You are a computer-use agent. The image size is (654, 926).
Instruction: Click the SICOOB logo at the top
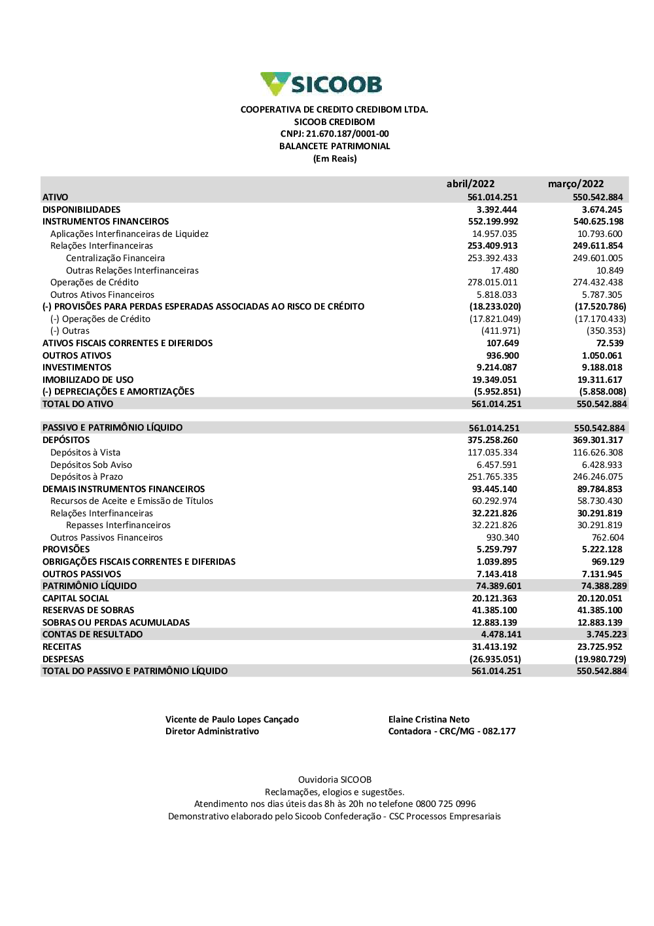pos(321,84)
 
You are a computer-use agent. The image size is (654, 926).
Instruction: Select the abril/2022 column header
pos(470,184)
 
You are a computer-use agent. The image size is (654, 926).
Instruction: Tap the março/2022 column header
pos(576,184)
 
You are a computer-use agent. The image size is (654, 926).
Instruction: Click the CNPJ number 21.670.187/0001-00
pos(347,134)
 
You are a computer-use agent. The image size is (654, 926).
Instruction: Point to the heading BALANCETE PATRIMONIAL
pos(334,147)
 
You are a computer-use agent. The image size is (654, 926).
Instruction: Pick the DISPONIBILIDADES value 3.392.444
pos(496,209)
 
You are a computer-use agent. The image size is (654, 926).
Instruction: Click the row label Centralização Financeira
pos(115,258)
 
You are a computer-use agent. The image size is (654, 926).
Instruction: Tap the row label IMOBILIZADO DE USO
pos(88,380)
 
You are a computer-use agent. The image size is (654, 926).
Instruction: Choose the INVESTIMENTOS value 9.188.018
pos(602,368)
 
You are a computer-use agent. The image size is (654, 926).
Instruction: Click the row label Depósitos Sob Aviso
pos(91,465)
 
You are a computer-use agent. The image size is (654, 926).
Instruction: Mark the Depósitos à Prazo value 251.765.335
pos(492,477)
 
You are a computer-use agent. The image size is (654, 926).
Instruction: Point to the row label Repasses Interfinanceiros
pos(118,525)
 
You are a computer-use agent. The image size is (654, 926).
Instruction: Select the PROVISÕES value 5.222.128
pos(602,550)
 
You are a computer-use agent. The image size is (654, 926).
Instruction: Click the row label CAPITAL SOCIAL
pos(75,598)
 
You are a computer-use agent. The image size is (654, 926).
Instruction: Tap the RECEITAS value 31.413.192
pos(494,647)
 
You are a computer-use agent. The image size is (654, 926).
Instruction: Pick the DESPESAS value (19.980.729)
pos(600,659)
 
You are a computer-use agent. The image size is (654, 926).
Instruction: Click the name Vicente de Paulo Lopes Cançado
pos(232,720)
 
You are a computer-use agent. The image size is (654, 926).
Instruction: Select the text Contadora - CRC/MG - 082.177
pos(451,732)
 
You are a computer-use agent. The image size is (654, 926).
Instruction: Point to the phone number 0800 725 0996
pos(445,804)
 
